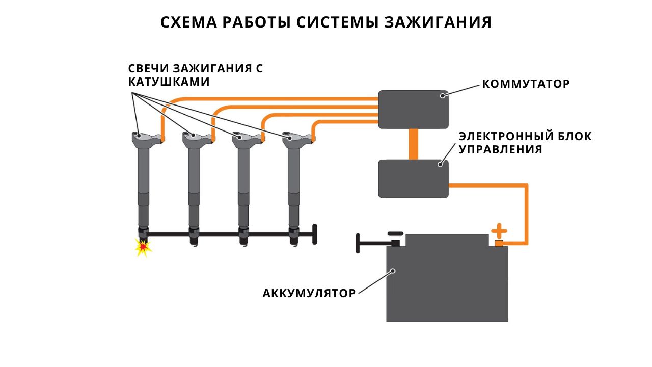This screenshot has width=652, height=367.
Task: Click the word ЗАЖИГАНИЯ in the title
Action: [438, 22]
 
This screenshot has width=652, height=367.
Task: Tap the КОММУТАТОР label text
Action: [526, 84]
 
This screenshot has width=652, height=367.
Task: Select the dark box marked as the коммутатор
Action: [413, 110]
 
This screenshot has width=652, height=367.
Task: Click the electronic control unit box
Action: [413, 178]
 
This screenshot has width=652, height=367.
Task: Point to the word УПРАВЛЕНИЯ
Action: [500, 149]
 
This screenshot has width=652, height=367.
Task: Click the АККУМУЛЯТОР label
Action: [309, 293]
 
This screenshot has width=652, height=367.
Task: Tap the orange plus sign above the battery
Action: [499, 231]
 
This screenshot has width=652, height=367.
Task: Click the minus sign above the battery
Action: [396, 233]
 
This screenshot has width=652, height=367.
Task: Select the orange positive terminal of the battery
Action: [499, 244]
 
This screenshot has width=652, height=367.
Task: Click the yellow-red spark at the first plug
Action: [143, 248]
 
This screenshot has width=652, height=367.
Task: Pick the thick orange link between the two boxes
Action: [413, 144]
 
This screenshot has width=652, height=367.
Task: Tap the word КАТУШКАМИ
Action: [169, 82]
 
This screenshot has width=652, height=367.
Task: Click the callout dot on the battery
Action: [393, 271]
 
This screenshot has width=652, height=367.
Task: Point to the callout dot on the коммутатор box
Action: [443, 95]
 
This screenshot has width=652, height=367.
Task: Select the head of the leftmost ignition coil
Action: [147, 138]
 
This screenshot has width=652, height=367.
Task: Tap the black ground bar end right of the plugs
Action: [315, 234]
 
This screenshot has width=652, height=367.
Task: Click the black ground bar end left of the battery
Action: [358, 244]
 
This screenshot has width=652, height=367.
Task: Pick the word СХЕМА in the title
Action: [188, 22]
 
